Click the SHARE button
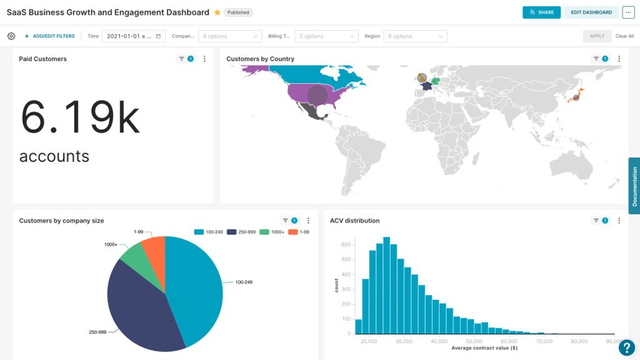coord(541,12)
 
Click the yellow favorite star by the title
coord(217,12)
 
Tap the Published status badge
coord(237,12)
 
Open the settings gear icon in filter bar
coord(11,36)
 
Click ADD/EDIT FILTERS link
coord(49,36)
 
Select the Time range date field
coord(134,36)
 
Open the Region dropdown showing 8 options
coord(415,36)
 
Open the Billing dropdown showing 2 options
coord(326,36)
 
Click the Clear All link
coord(624,36)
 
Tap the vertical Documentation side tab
coord(634,186)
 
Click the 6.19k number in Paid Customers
coord(80,117)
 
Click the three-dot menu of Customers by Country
coord(619,59)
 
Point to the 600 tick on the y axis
coord(346,244)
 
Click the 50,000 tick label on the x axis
coord(474,341)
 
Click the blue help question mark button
coord(626,347)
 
